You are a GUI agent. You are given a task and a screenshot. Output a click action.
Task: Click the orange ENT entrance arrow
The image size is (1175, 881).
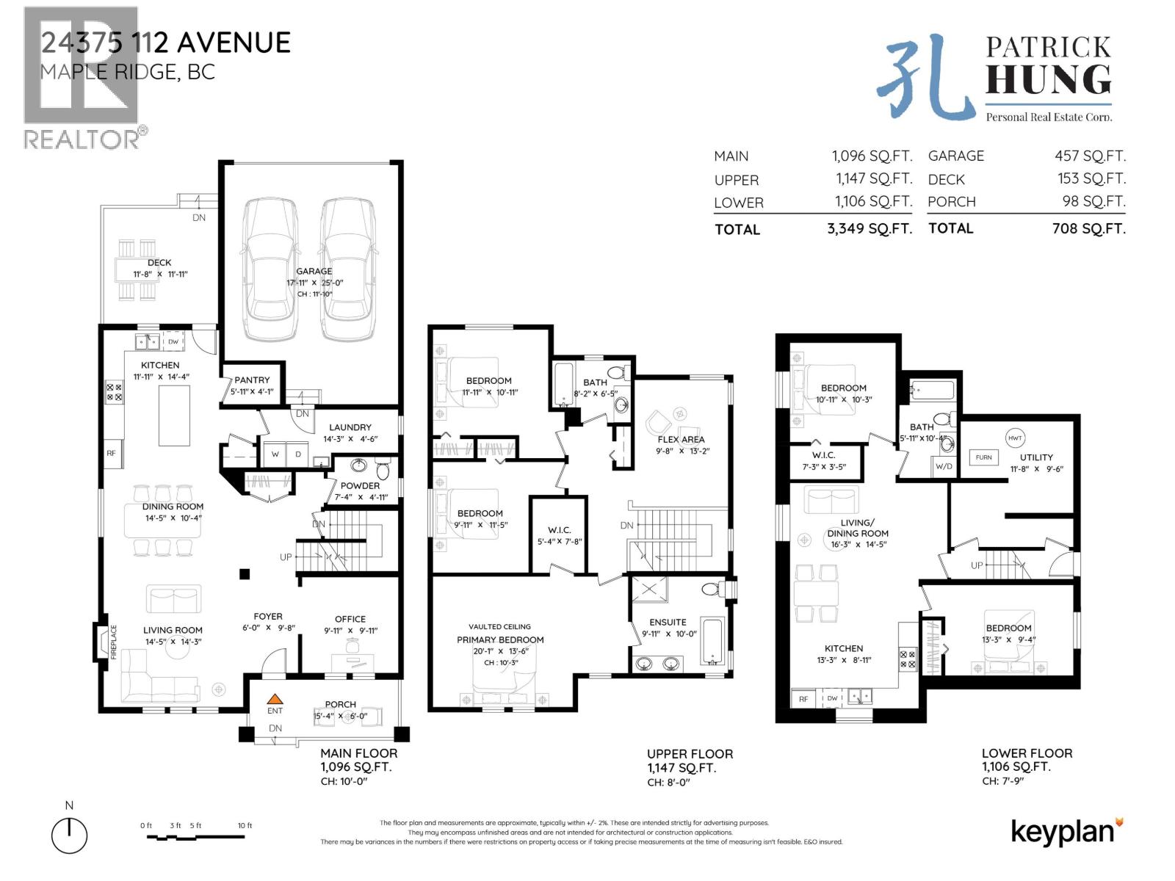pyautogui.click(x=275, y=700)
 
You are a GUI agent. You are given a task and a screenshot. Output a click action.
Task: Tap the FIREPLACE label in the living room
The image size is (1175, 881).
pyautogui.click(x=114, y=642)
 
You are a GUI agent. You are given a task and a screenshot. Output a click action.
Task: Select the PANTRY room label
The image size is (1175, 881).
pyautogui.click(x=252, y=380)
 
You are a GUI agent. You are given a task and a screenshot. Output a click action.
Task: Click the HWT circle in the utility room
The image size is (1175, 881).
pyautogui.click(x=1015, y=438)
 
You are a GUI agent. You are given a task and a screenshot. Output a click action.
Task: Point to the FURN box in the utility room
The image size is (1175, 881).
pyautogui.click(x=983, y=457)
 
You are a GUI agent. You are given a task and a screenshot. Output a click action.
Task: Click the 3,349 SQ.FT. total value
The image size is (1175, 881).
pyautogui.click(x=869, y=228)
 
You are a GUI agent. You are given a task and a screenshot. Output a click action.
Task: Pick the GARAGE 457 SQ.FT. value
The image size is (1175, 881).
pyautogui.click(x=1090, y=156)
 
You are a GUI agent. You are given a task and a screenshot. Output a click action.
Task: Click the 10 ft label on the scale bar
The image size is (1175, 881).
pyautogui.click(x=245, y=825)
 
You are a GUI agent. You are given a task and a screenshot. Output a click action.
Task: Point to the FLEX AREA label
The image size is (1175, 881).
pyautogui.click(x=681, y=439)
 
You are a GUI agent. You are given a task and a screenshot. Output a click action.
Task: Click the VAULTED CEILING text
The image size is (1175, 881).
pyautogui.click(x=499, y=626)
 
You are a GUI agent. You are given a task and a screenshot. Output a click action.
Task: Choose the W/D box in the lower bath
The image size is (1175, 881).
pyautogui.click(x=944, y=466)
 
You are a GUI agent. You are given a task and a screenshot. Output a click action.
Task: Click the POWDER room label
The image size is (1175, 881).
pyautogui.click(x=360, y=485)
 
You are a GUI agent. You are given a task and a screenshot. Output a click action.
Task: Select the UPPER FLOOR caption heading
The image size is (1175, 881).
pyautogui.click(x=690, y=754)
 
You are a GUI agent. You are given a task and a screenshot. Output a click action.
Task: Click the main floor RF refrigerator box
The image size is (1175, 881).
pyautogui.click(x=111, y=453)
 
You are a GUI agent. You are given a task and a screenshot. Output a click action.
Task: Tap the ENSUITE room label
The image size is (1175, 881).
pyautogui.click(x=668, y=622)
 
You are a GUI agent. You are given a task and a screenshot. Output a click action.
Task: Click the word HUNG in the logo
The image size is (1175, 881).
pyautogui.click(x=1048, y=80)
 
